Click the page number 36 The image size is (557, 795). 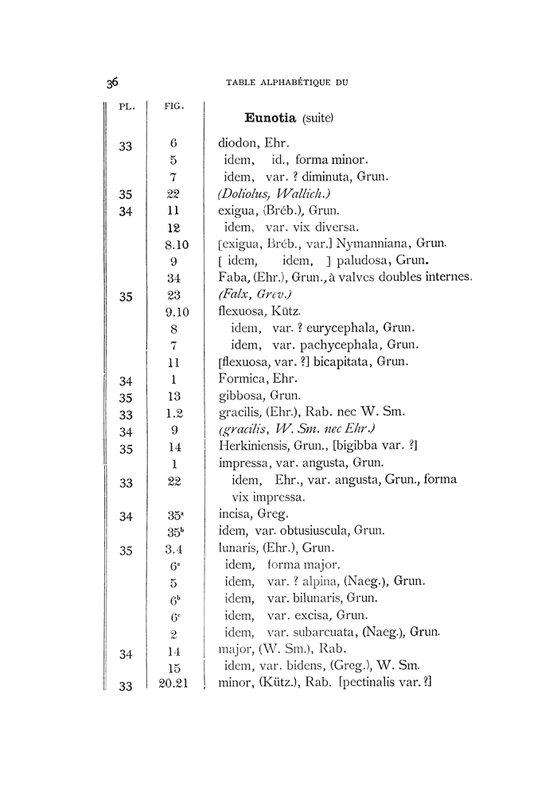[112, 82]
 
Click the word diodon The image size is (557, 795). [237, 145]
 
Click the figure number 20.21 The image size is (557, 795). [172, 683]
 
